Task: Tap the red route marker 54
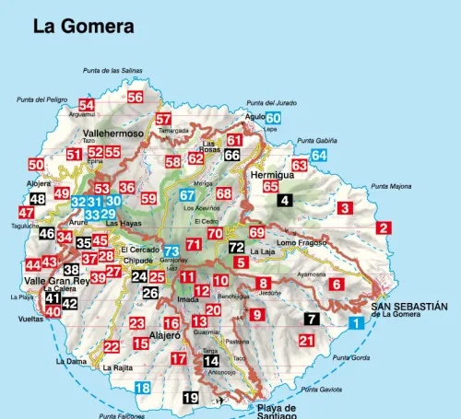(x=87, y=106)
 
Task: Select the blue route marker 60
(x=274, y=118)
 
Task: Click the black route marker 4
(x=285, y=200)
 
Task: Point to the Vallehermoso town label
(x=114, y=134)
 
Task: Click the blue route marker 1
(x=356, y=322)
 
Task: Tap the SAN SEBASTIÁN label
(x=408, y=306)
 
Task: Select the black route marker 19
(x=191, y=398)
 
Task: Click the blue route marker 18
(x=142, y=388)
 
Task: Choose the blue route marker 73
(x=171, y=251)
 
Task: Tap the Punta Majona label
(x=391, y=186)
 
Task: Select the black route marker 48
(x=37, y=199)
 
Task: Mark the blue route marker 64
(x=319, y=156)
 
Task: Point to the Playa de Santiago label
(x=276, y=410)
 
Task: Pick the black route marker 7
(x=313, y=320)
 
